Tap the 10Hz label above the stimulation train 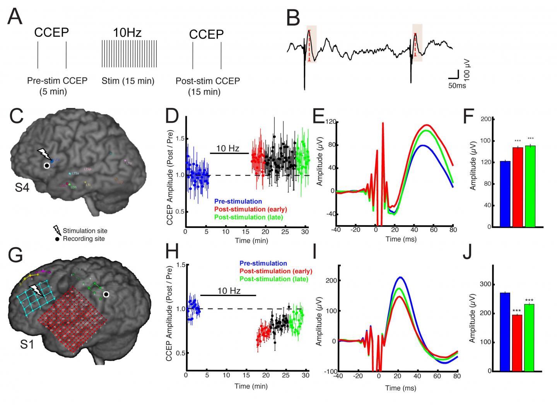coord(127,32)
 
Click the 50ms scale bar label coord(457,86)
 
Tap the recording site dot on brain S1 coord(106,295)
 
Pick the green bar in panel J coord(529,337)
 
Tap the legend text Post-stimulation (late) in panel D coord(248,217)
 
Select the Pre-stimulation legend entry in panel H coord(263,263)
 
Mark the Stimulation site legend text coord(85,231)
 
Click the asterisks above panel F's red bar coord(517,141)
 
